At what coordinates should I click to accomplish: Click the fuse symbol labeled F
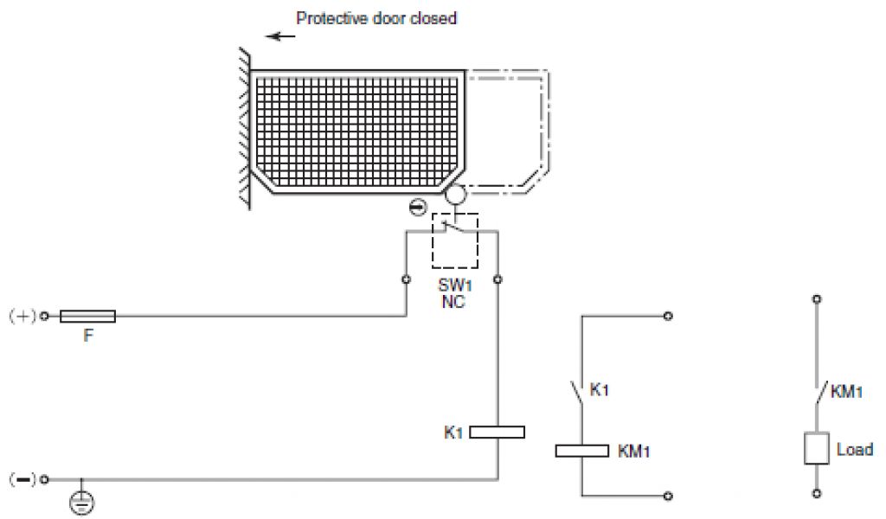87,317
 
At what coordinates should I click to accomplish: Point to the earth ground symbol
81,501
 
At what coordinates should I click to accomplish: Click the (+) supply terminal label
21,317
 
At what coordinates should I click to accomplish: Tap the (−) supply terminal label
21,478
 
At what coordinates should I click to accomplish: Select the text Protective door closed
376,18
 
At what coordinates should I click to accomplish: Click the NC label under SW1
453,303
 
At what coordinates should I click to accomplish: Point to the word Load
855,450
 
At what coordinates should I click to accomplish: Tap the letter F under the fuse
87,337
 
